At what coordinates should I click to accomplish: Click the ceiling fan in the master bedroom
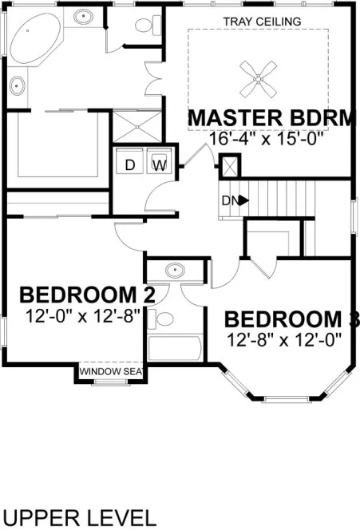click(x=258, y=78)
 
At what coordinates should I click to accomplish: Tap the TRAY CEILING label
click(x=263, y=21)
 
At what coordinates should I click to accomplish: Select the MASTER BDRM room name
click(x=270, y=118)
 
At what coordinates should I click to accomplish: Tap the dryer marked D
click(x=130, y=165)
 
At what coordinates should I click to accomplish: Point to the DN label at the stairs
click(x=228, y=200)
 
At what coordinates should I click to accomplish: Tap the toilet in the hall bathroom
click(x=164, y=318)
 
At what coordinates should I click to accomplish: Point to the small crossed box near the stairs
click(x=229, y=168)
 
